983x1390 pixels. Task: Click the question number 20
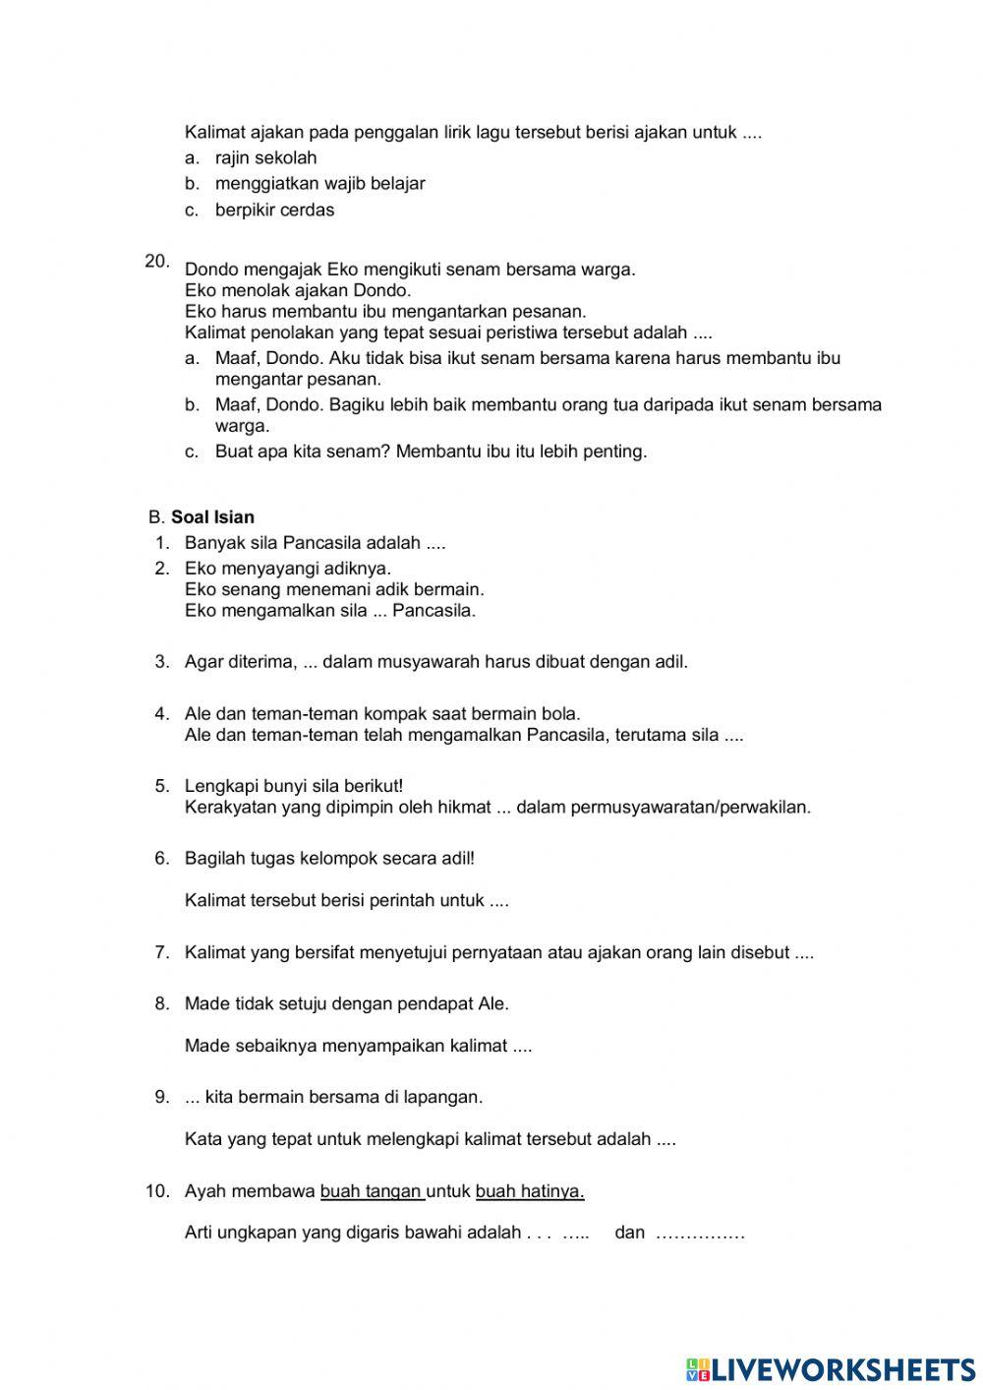[156, 261]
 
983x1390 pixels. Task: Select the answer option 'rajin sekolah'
[265, 157]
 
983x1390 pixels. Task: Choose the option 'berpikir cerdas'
[274, 210]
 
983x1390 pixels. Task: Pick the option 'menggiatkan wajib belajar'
[319, 183]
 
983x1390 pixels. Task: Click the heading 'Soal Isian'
[212, 516]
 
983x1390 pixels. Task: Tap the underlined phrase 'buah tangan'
[371, 1191]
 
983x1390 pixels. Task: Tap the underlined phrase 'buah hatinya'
[529, 1191]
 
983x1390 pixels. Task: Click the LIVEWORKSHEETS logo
[831, 1368]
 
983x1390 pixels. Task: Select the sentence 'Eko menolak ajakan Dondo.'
[297, 290]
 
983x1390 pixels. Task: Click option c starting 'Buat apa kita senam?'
[431, 452]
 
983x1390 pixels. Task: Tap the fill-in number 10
[157, 1191]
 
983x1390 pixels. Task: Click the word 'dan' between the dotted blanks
[629, 1233]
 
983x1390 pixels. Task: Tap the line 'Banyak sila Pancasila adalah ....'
[315, 542]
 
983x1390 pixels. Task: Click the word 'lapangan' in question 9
[449, 1096]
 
